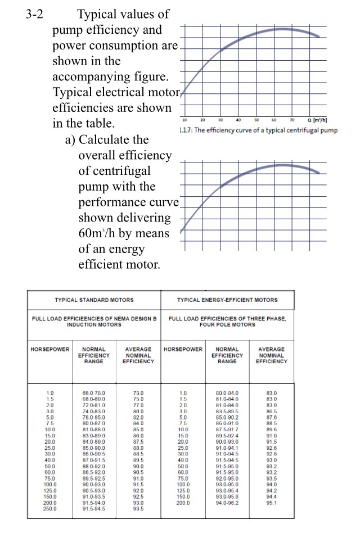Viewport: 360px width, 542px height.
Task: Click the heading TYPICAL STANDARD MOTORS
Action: click(94, 300)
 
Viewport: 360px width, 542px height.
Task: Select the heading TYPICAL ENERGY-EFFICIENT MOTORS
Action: click(227, 300)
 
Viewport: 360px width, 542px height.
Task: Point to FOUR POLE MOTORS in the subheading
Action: click(227, 324)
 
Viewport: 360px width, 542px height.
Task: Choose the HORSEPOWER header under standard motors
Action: click(49, 349)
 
